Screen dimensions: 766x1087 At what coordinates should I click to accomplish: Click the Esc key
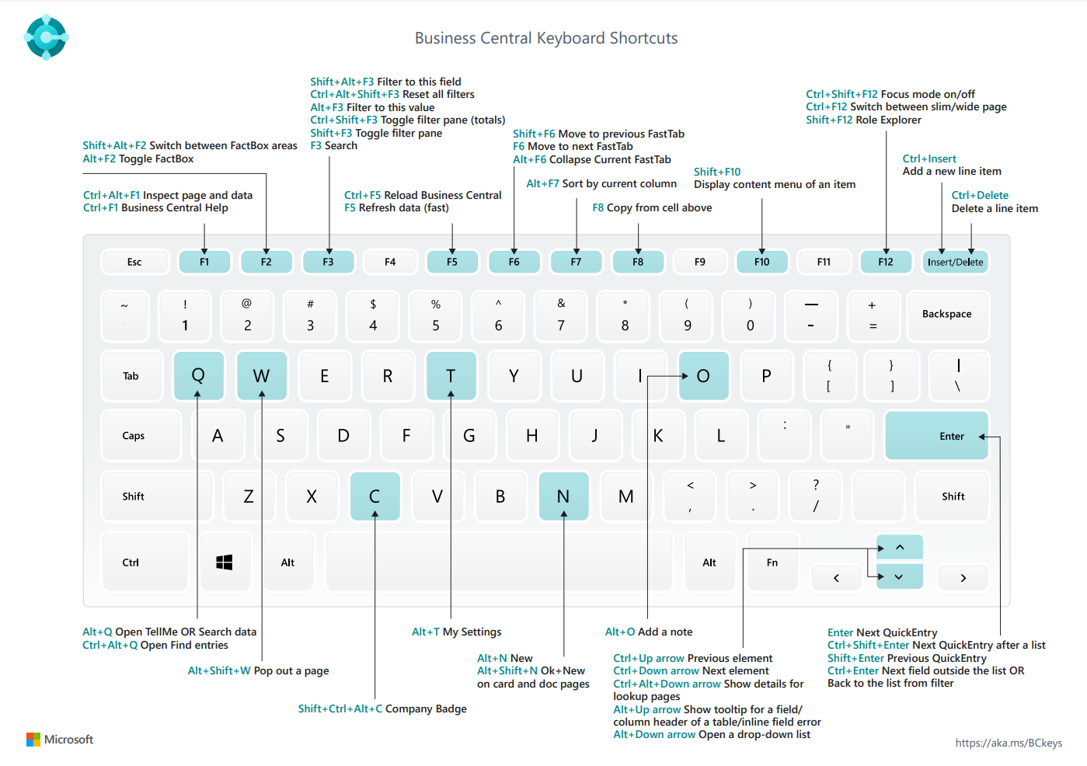(x=134, y=262)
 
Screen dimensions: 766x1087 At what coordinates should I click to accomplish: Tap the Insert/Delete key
(x=955, y=262)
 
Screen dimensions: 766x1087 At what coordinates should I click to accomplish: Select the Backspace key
(x=946, y=315)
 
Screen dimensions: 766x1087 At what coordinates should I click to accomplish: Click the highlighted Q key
(x=198, y=376)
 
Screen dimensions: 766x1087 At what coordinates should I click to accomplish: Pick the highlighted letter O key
(x=703, y=376)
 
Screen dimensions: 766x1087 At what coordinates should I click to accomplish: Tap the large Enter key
(x=936, y=436)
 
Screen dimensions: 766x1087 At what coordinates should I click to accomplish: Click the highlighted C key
(x=375, y=496)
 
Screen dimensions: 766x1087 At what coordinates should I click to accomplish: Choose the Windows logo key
(x=225, y=562)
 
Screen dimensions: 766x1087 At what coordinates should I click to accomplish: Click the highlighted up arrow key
(x=900, y=548)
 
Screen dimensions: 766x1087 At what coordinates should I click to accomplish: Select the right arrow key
(x=963, y=578)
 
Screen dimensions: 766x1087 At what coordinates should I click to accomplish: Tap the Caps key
(x=134, y=436)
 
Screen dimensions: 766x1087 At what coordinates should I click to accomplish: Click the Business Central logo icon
(x=47, y=37)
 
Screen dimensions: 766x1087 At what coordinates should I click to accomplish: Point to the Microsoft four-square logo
(x=33, y=740)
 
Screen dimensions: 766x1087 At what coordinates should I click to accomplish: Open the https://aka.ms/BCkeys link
(x=1009, y=743)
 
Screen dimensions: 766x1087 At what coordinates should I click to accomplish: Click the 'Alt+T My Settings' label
(x=456, y=632)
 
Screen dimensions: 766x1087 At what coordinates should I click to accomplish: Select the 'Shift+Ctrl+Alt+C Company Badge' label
(x=382, y=709)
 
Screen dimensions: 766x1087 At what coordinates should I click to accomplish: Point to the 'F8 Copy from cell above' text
(x=652, y=207)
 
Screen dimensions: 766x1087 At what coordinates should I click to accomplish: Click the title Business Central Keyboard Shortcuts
(x=546, y=38)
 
